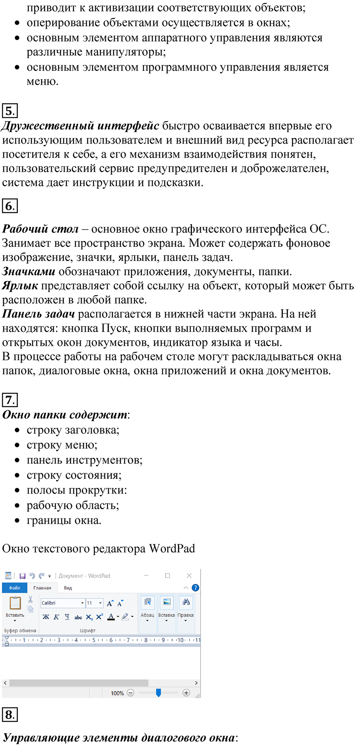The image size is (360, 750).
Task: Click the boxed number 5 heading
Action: (10, 111)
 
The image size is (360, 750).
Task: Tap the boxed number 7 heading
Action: (10, 400)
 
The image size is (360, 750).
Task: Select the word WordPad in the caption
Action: (172, 549)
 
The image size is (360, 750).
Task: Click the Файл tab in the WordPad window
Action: (15, 588)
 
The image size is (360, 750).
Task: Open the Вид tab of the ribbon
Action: (68, 588)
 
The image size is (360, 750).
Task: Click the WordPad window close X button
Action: (189, 576)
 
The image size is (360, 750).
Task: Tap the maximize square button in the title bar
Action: (168, 576)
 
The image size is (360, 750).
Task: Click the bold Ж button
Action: (46, 617)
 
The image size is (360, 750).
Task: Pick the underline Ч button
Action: (67, 617)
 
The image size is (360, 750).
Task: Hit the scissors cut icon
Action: (30, 600)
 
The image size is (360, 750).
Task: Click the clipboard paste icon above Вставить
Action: (15, 603)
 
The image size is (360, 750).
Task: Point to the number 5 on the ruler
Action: (94, 640)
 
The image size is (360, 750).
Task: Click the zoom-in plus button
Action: (186, 693)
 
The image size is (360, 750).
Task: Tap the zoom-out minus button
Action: (130, 693)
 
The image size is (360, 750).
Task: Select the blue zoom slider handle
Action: (158, 693)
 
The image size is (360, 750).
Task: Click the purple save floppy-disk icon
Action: (22, 576)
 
